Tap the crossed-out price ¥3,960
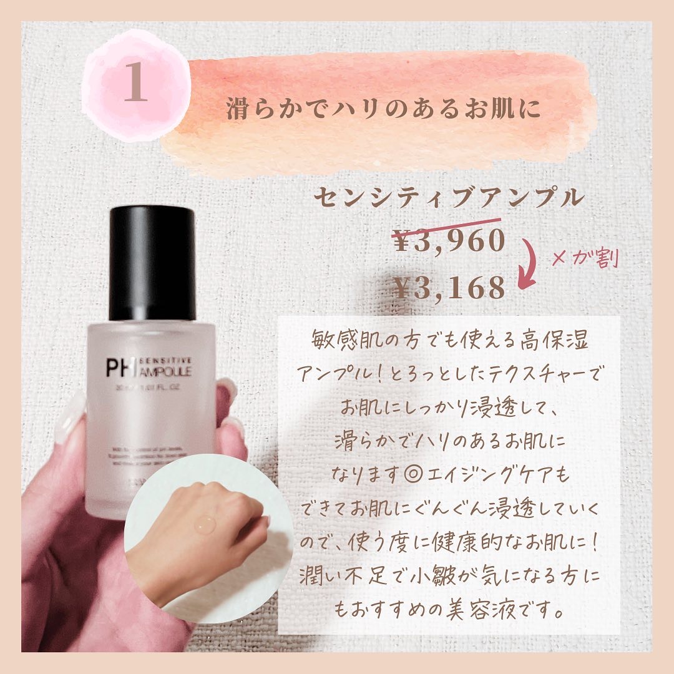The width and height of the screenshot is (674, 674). [447, 240]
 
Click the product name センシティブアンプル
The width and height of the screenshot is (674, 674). [449, 198]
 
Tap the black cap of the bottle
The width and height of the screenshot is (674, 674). [152, 263]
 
